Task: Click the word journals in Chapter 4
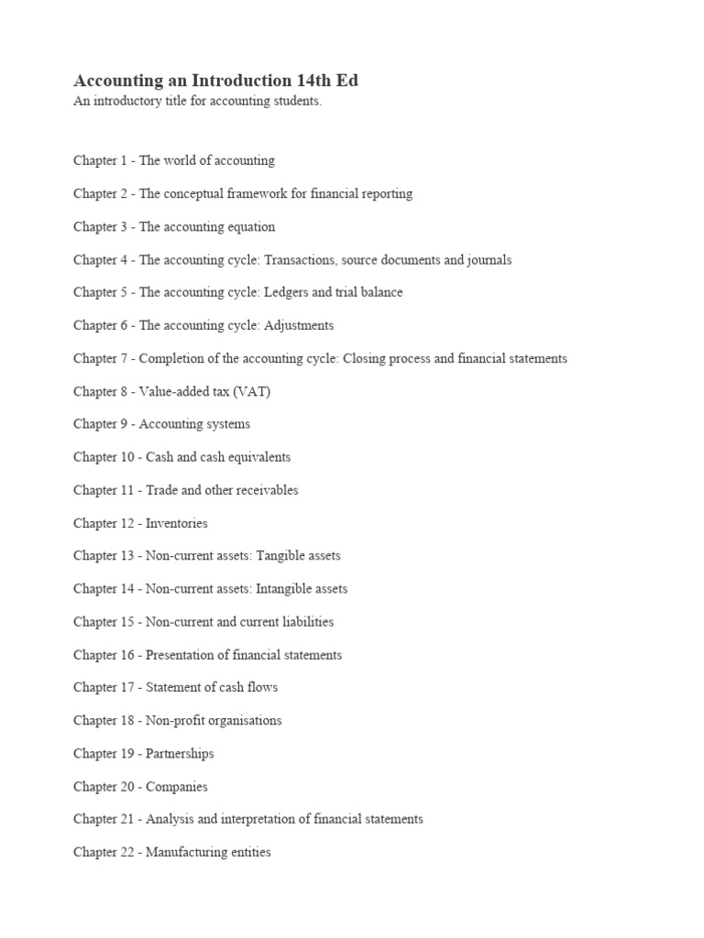click(x=489, y=259)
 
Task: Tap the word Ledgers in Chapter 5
click(x=287, y=292)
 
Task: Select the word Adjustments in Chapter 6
click(x=299, y=325)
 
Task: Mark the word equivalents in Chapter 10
click(x=258, y=457)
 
